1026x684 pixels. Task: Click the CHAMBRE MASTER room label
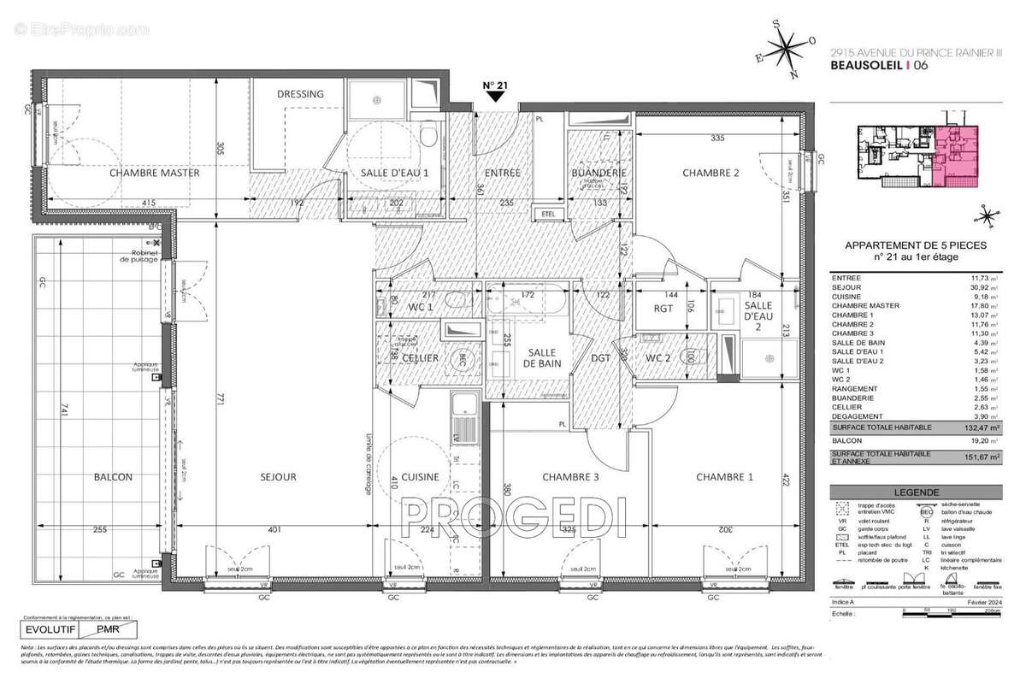(x=154, y=173)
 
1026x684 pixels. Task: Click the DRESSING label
(x=301, y=94)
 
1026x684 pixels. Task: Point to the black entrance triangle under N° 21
(x=493, y=97)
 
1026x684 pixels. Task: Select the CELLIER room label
(x=421, y=358)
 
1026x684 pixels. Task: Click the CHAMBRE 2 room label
(x=710, y=173)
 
